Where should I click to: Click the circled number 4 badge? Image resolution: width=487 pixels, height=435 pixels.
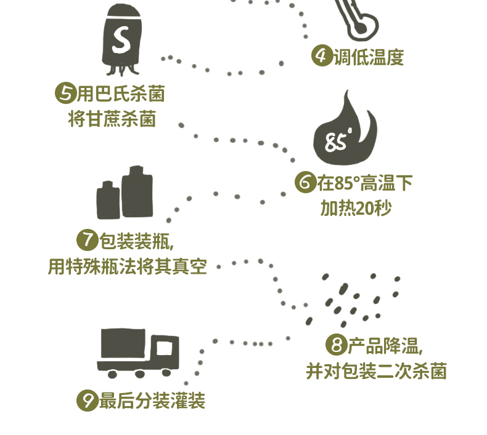(x=321, y=57)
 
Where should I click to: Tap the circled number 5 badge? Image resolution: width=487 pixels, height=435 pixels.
(x=65, y=94)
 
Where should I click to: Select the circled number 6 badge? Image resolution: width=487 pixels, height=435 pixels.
(x=305, y=183)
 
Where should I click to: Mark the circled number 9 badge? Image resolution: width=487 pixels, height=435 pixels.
(x=87, y=402)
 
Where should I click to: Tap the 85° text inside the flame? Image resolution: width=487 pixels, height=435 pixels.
(x=338, y=142)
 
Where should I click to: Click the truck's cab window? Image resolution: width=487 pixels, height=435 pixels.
(x=165, y=348)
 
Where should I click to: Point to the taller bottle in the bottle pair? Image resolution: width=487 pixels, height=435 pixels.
(x=137, y=192)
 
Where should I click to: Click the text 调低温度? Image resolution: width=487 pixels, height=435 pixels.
(x=369, y=58)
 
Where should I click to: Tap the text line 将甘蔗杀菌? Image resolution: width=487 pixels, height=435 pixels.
(x=112, y=118)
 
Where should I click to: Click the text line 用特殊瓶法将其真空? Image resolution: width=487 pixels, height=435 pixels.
(x=127, y=267)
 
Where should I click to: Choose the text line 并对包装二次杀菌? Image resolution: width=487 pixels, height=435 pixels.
(x=376, y=372)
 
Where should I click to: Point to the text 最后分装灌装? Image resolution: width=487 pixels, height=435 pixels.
(x=152, y=402)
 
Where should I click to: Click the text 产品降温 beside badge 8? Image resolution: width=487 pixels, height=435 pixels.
(x=385, y=346)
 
